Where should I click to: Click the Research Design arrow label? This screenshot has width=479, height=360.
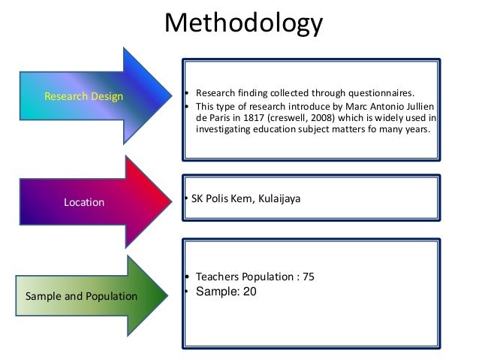point(84,96)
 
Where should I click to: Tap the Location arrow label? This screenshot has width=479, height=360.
point(84,202)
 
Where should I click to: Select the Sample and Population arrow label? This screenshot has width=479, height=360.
point(82,296)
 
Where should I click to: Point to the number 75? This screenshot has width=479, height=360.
point(307,277)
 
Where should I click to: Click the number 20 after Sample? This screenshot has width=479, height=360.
point(249,292)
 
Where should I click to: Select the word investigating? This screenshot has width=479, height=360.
point(225,129)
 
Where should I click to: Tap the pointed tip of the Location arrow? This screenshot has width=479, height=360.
point(169,197)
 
